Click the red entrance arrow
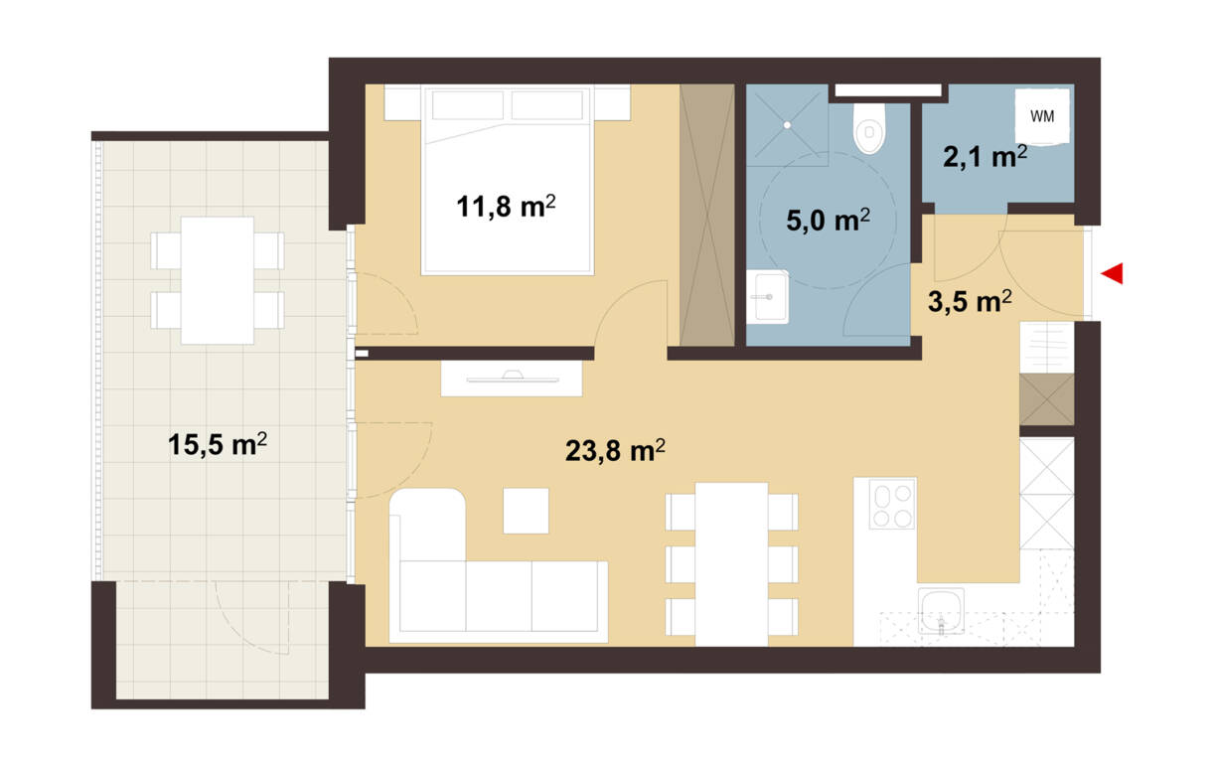click(1112, 273)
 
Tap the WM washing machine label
click(1042, 116)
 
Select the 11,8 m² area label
click(506, 207)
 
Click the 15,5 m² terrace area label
click(218, 444)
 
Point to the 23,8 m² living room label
click(615, 450)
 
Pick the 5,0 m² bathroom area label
click(829, 221)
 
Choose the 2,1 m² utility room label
click(985, 157)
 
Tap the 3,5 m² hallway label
click(970, 301)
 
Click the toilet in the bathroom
click(868, 128)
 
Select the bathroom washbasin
click(767, 297)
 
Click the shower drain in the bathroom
click(787, 125)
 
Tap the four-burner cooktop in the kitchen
click(892, 505)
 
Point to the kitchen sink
click(941, 611)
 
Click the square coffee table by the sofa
click(526, 511)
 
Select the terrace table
click(218, 280)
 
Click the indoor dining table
click(731, 564)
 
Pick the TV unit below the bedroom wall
click(512, 379)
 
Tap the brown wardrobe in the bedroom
click(707, 215)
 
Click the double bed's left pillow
click(468, 104)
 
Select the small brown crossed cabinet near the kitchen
click(1046, 399)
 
